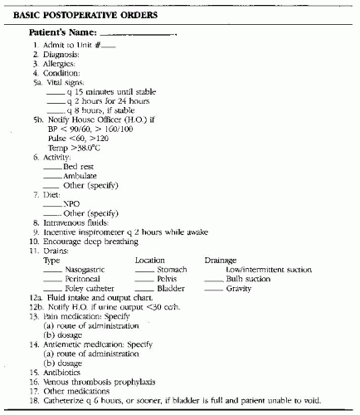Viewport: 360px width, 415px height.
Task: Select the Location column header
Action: [150, 261]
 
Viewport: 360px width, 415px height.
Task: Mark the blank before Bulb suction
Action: [213, 280]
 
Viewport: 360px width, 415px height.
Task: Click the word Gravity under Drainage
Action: [238, 288]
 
